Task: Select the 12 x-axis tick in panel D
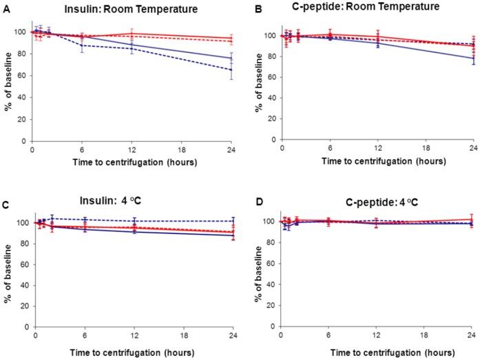[x=376, y=335]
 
